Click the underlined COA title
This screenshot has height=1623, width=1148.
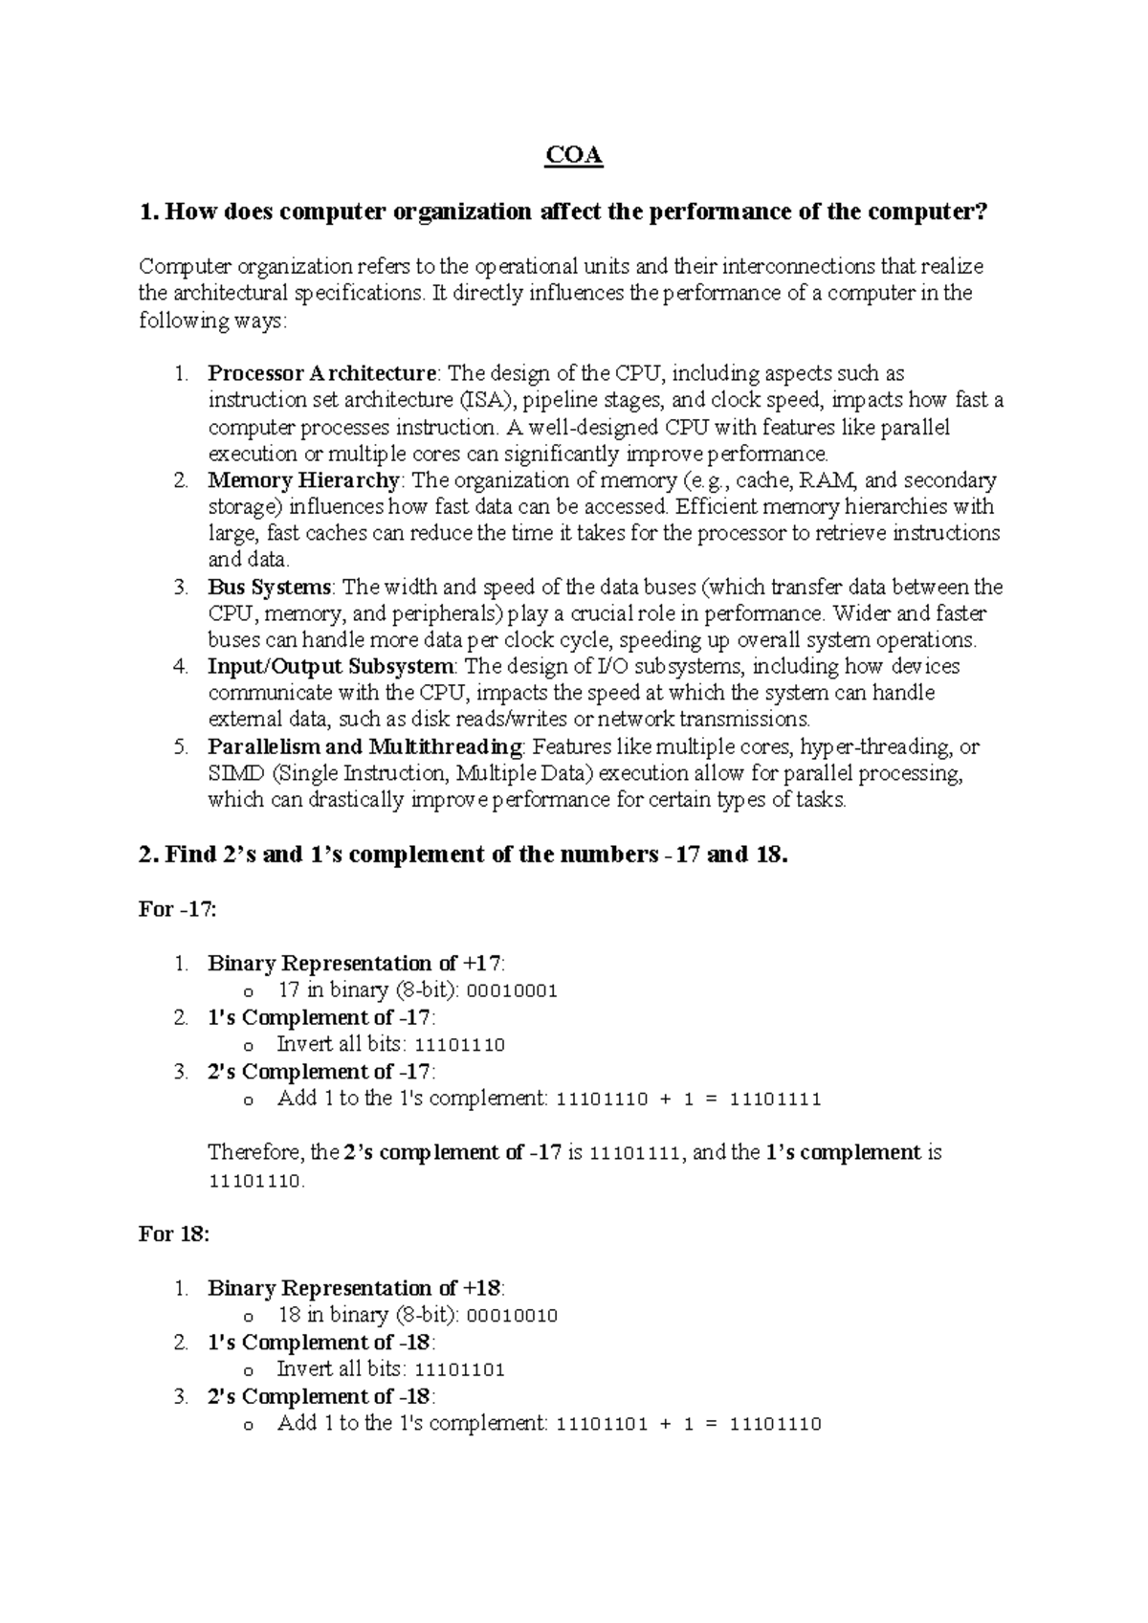[x=574, y=156]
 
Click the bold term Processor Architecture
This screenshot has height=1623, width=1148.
[x=321, y=373]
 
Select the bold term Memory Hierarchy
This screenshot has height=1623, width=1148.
[x=303, y=480]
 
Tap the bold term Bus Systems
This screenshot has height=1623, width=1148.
[x=269, y=587]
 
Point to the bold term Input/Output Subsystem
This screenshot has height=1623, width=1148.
[x=330, y=666]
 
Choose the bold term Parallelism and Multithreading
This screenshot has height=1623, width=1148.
[x=364, y=746]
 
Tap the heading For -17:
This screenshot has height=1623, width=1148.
[x=178, y=910]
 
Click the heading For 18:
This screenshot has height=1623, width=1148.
[x=173, y=1234]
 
